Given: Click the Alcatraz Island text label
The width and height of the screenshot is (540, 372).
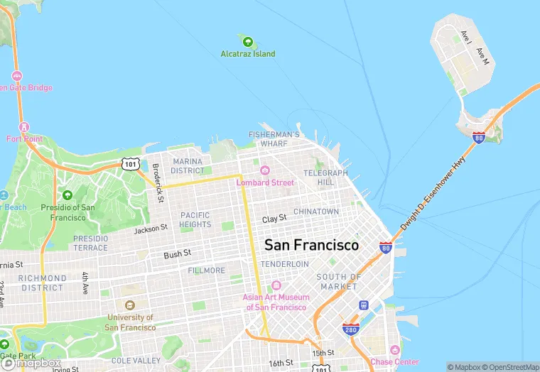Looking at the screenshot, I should tap(247, 54).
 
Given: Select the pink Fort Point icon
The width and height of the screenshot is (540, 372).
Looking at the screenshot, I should tap(25, 127).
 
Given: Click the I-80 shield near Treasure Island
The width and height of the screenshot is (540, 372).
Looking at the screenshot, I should tap(479, 137).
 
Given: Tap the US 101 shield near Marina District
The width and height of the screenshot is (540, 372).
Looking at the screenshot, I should tap(129, 164).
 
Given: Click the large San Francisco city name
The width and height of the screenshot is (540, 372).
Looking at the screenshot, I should tap(311, 245).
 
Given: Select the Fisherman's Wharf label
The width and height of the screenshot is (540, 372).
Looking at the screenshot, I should tap(274, 139).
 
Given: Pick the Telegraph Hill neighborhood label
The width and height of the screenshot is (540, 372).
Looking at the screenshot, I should tap(325, 177).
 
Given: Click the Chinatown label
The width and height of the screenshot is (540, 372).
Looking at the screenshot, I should tap(316, 212).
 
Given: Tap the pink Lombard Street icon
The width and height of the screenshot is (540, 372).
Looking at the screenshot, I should tap(265, 170).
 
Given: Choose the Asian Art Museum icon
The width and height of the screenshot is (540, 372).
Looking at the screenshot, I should tap(276, 285).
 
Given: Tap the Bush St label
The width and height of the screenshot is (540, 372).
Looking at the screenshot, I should tap(177, 253).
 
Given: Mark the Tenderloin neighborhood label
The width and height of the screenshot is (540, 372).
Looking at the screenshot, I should tap(284, 264).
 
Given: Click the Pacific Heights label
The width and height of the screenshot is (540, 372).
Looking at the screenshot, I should tap(195, 219).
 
